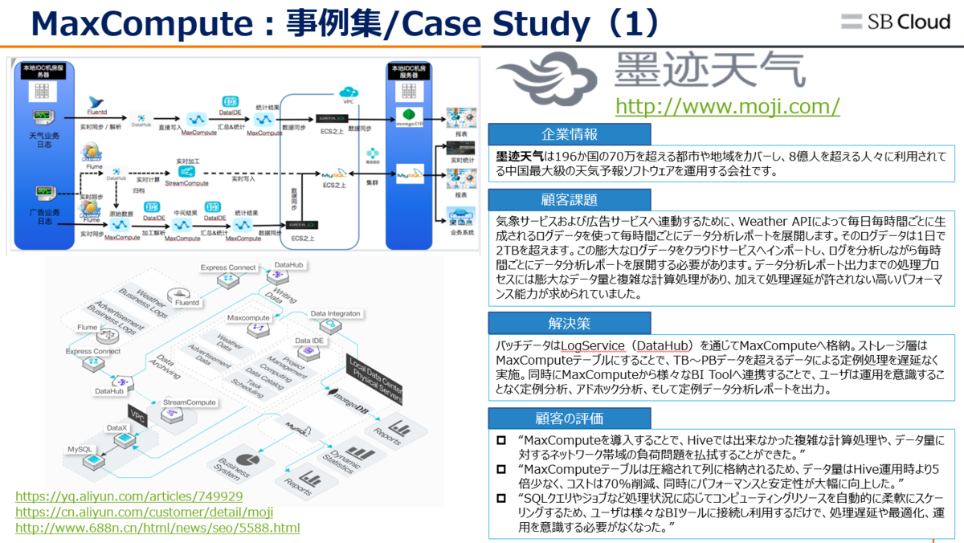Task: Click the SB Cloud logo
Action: coord(895,22)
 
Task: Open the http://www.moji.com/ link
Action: coord(727,106)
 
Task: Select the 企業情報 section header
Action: coord(569,134)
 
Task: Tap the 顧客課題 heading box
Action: coord(569,200)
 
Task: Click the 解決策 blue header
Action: coord(569,324)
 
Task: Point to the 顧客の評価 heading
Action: coord(569,418)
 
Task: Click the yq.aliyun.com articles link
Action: coord(129,496)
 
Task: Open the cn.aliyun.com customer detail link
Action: coord(144,512)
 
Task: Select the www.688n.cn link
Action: coord(157,528)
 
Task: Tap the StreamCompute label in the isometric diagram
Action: coord(190,402)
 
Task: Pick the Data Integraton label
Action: coord(336,312)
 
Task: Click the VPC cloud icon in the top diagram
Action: coord(348,91)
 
